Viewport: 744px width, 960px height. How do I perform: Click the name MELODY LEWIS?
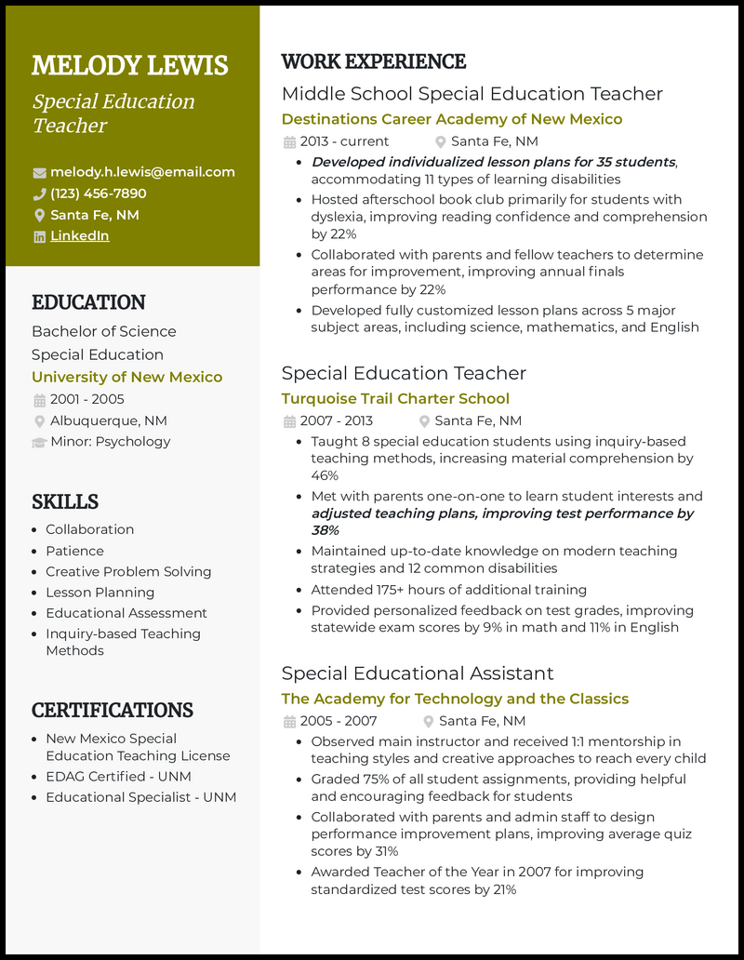(129, 66)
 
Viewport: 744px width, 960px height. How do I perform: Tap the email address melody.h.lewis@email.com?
(142, 172)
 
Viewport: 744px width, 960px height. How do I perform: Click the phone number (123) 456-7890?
(98, 193)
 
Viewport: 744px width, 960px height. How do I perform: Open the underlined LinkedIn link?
(79, 236)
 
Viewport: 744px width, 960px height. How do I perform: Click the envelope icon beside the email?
(39, 173)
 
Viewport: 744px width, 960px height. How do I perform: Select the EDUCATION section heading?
(88, 302)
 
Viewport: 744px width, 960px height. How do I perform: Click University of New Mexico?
(126, 377)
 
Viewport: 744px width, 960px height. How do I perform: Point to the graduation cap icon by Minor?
(39, 442)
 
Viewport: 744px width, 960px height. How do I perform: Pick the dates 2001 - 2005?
(86, 400)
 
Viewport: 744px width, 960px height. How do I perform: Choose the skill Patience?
(74, 551)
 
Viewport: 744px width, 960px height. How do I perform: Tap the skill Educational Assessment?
(126, 613)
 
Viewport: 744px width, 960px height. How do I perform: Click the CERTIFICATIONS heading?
(113, 711)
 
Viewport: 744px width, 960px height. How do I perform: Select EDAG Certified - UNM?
(118, 776)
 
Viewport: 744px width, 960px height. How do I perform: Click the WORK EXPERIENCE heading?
(373, 62)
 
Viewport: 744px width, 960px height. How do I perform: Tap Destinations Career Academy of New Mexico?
(452, 119)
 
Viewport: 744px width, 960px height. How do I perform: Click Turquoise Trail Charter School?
(395, 398)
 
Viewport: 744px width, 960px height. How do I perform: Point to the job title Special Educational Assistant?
(418, 673)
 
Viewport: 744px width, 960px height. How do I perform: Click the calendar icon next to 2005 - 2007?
(289, 722)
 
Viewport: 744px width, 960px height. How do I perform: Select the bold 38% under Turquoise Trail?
(325, 530)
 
